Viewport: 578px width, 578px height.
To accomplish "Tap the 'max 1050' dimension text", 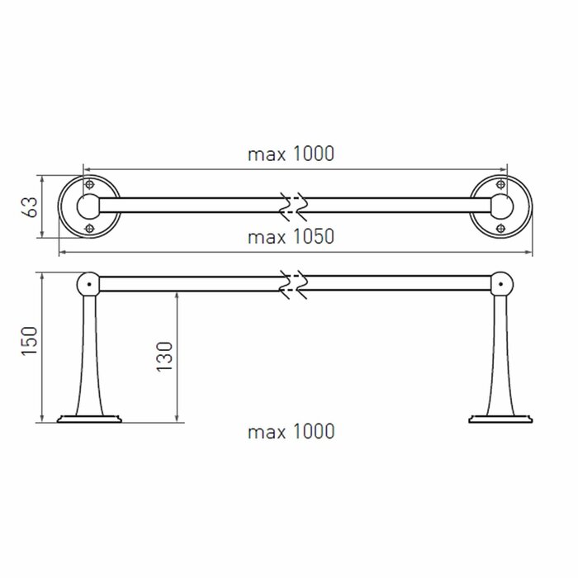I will pyautogui.click(x=290, y=237).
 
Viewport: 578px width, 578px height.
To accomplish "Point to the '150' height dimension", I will pyautogui.click(x=31, y=345).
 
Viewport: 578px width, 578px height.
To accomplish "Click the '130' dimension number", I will pyautogui.click(x=166, y=358).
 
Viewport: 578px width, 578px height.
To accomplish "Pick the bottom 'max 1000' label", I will pyautogui.click(x=290, y=431).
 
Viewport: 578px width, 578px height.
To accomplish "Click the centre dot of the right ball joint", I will pyautogui.click(x=500, y=283).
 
